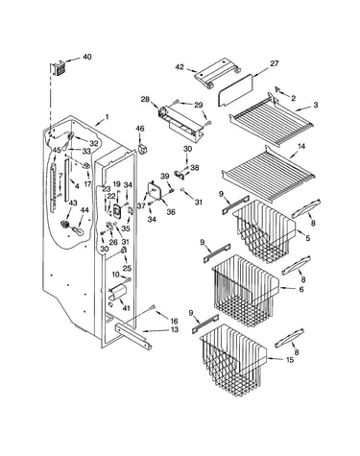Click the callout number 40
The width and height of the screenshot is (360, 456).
point(87,57)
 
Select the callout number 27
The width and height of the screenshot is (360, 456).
point(275,63)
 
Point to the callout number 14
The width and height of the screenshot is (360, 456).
point(301,146)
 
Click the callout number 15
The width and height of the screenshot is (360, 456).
point(290,360)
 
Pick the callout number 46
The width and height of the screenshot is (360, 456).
point(140,129)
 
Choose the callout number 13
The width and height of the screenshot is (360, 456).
point(175,329)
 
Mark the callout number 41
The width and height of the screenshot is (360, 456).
point(126,308)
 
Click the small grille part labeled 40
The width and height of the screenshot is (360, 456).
point(57,69)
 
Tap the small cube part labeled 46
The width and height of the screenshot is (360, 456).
point(142,150)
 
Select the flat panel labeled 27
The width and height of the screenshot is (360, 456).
point(236,89)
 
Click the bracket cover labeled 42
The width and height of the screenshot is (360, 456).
point(217,72)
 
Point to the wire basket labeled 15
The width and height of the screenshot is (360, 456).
point(233,358)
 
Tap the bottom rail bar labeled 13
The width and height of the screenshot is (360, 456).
point(134,337)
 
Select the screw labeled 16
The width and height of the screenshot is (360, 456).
point(152,308)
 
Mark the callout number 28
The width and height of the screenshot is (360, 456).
point(145,99)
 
